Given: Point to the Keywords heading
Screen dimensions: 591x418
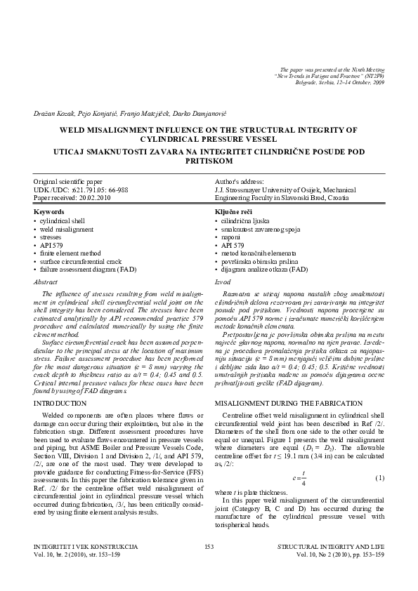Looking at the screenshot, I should point(48,211).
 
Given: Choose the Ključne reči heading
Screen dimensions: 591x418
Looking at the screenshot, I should point(234,211).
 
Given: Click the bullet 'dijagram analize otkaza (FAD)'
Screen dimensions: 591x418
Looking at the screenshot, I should point(263,269).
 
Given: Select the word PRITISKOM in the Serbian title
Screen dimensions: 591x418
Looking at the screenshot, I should point(209,160).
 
